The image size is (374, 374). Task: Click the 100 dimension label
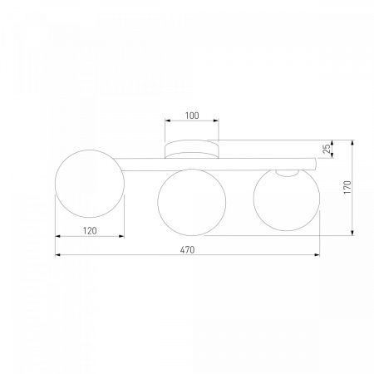click(x=192, y=116)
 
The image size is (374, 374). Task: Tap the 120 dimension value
click(x=90, y=230)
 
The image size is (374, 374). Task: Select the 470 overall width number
click(x=187, y=250)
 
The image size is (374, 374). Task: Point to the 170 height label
click(x=347, y=187)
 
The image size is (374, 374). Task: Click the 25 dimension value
click(x=327, y=149)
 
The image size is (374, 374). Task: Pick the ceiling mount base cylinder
click(x=192, y=150)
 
